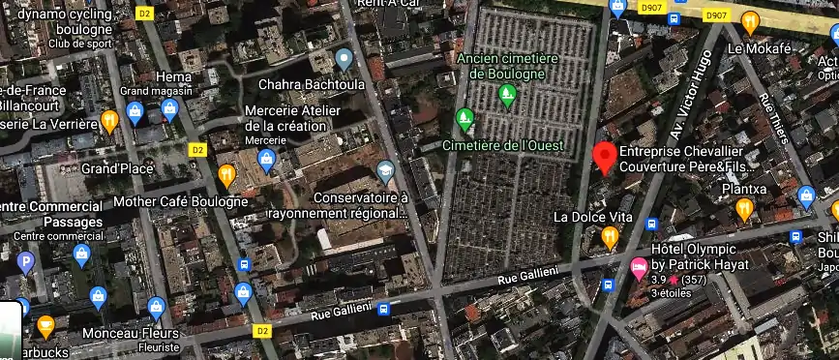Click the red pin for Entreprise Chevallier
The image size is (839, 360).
click(x=605, y=158)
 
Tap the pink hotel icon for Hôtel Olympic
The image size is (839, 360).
click(x=638, y=265)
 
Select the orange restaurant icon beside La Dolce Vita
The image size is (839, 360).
click(x=609, y=236)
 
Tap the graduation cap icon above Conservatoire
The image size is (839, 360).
click(x=386, y=171)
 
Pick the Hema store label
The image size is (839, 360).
click(x=173, y=76)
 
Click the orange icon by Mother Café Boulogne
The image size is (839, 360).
click(x=226, y=175)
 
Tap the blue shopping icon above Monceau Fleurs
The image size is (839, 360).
click(x=157, y=309)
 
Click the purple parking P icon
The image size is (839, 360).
click(x=26, y=261)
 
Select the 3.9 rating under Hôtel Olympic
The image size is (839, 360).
click(x=657, y=280)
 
